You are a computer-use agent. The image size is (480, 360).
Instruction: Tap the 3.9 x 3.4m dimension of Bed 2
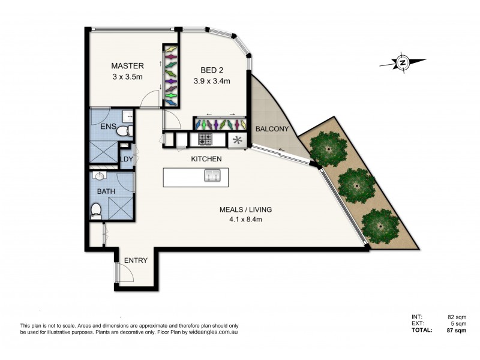click(212, 80)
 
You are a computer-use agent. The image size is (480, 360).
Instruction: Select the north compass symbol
click(403, 62)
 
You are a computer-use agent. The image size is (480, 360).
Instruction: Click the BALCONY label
click(272, 129)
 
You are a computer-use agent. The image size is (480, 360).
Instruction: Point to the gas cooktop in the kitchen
click(205, 140)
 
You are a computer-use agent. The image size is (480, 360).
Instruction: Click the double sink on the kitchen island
click(212, 176)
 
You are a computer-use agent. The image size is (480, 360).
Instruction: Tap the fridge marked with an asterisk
click(237, 140)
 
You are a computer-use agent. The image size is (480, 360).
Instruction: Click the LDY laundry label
click(126, 159)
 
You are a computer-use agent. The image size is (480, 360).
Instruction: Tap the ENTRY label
click(136, 260)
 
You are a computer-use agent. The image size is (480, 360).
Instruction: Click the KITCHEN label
click(206, 159)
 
